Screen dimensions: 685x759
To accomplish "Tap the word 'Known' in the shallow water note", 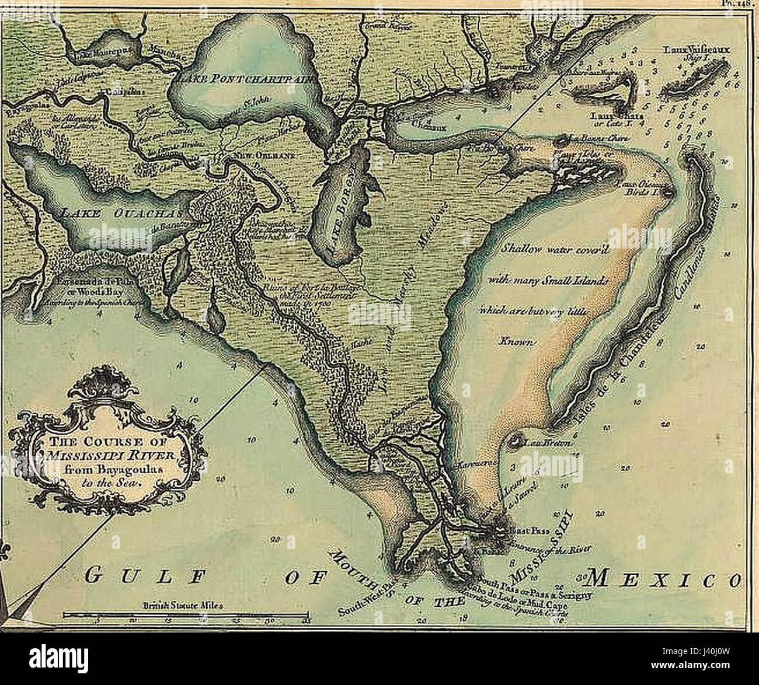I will pyautogui.click(x=515, y=341).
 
